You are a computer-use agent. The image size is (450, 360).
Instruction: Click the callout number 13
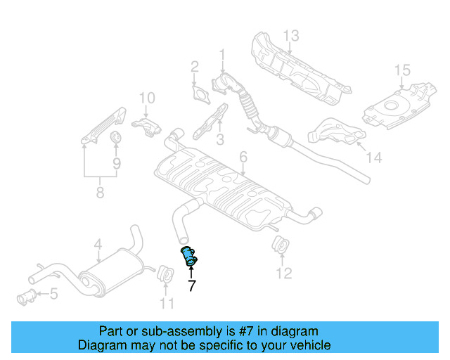291,35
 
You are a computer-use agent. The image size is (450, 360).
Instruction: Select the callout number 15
401,70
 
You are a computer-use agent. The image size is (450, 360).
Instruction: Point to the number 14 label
374,158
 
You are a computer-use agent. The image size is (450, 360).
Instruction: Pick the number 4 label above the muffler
98,245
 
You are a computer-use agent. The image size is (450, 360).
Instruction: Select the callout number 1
223,54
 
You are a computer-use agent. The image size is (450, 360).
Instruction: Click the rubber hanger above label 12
280,247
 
